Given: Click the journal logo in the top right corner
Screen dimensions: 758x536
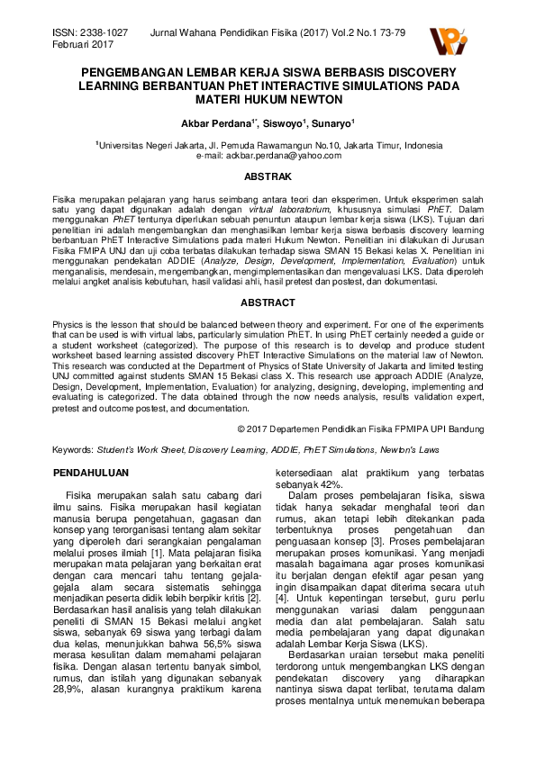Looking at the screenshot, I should pyautogui.click(x=449, y=40).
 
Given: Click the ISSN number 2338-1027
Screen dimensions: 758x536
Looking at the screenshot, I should pyautogui.click(x=104, y=32).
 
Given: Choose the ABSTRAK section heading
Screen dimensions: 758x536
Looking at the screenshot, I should pyautogui.click(x=268, y=177).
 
